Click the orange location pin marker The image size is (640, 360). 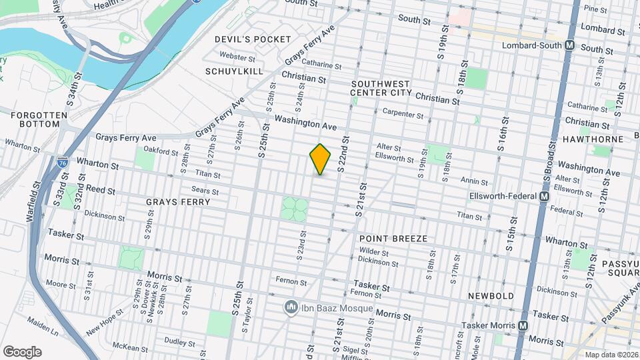pyautogui.click(x=321, y=159)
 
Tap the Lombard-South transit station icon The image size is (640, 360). pyautogui.click(x=569, y=45)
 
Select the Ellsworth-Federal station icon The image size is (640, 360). pyautogui.click(x=544, y=197)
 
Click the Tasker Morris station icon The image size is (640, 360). pyautogui.click(x=523, y=326)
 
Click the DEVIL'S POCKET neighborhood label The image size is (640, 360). pyautogui.click(x=253, y=39)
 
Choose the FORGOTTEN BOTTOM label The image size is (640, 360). pyautogui.click(x=39, y=121)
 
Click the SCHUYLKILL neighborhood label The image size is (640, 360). pyautogui.click(x=234, y=71)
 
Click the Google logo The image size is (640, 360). pyautogui.click(x=22, y=351)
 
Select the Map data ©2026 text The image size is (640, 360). pyautogui.click(x=611, y=355)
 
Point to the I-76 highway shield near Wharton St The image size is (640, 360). pyautogui.click(x=61, y=162)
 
